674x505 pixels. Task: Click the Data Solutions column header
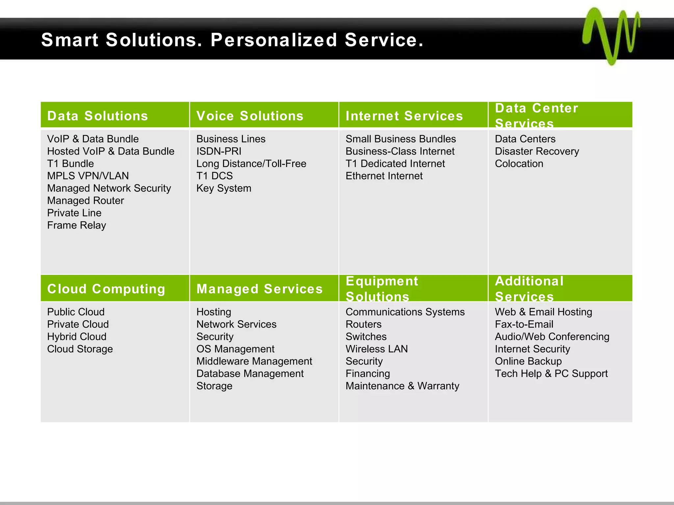click(97, 116)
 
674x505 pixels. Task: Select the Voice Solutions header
click(250, 116)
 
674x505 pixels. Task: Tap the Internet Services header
click(404, 116)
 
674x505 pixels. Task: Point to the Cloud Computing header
click(106, 289)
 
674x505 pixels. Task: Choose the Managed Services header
click(259, 289)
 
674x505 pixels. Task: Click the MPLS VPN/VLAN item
click(88, 176)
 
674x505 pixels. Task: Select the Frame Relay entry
click(76, 225)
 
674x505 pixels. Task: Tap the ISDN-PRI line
click(219, 151)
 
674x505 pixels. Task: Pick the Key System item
click(224, 188)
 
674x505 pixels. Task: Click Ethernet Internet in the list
click(384, 176)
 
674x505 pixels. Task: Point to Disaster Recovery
click(537, 151)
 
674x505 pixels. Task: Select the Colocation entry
click(519, 164)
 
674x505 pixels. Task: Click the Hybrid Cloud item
click(77, 337)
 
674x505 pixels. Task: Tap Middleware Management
click(254, 361)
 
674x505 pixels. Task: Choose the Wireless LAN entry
click(376, 349)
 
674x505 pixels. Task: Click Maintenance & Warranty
click(402, 386)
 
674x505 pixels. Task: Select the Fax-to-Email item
click(524, 324)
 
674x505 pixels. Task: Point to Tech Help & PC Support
click(551, 373)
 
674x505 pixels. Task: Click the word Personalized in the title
click(274, 40)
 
